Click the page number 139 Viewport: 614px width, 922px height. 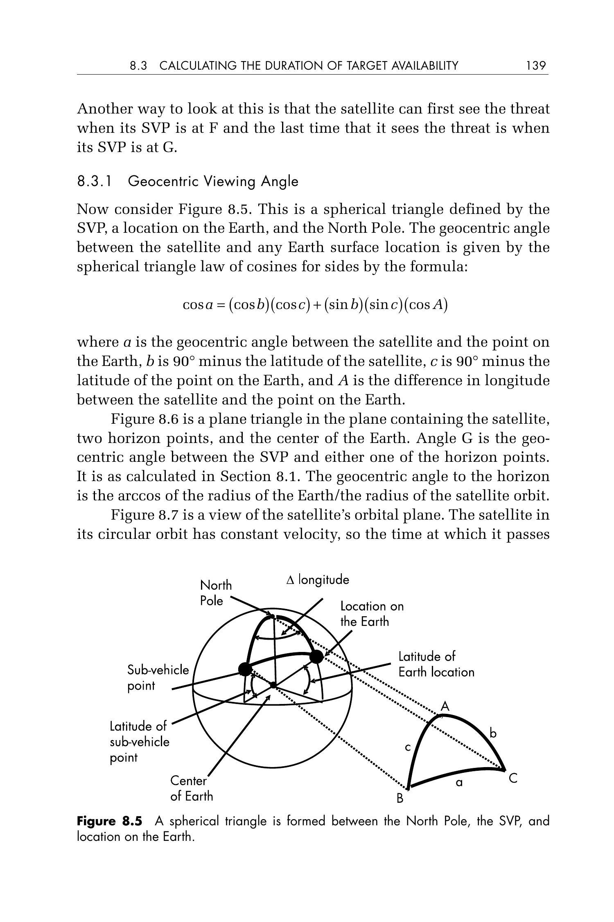click(x=536, y=66)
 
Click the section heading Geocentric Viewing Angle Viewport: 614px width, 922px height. click(x=213, y=181)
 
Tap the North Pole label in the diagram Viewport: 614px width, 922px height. click(x=216, y=593)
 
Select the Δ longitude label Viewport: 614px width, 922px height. click(x=318, y=580)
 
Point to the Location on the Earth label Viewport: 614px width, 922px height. click(x=372, y=614)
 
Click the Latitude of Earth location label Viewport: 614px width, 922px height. click(x=436, y=664)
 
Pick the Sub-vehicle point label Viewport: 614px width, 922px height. click(x=158, y=678)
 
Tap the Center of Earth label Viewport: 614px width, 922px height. click(x=192, y=788)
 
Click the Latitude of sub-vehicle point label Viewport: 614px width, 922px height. click(x=139, y=742)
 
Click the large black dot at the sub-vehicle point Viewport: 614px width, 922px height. click(x=245, y=669)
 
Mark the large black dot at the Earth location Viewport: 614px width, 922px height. click(x=316, y=657)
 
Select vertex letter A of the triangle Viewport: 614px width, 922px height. click(x=445, y=706)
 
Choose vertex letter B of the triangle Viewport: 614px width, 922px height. click(x=400, y=798)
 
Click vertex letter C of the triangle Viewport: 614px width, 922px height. click(x=513, y=778)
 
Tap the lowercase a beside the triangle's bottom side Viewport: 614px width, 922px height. click(x=459, y=783)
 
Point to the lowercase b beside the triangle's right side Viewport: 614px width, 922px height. click(x=493, y=733)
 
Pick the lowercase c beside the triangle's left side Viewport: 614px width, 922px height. click(x=408, y=747)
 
